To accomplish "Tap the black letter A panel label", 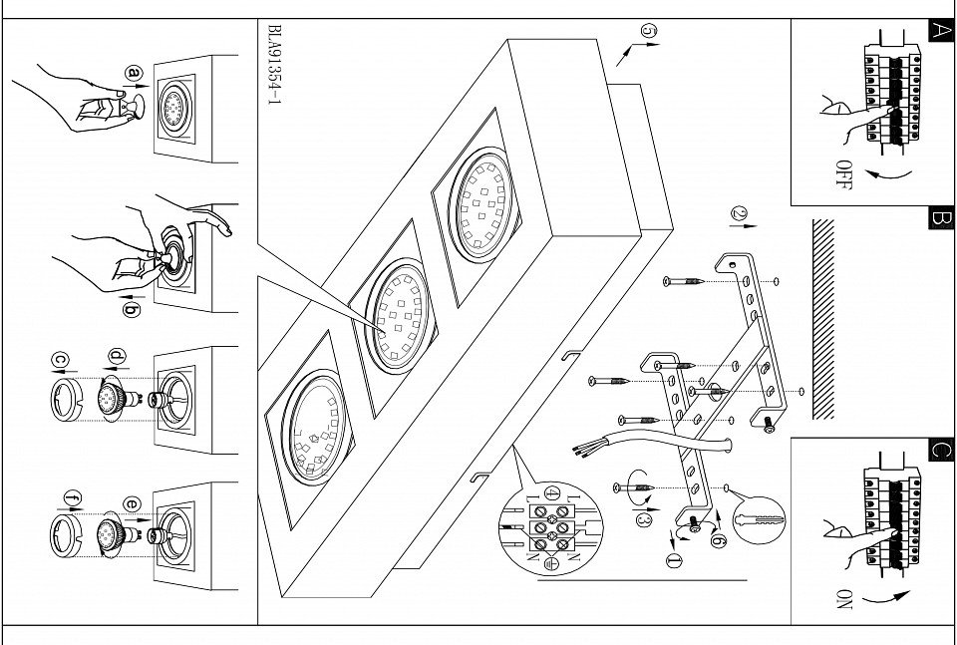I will pyautogui.click(x=940, y=30).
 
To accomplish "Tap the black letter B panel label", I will pyautogui.click(x=940, y=218).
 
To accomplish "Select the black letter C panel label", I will pyautogui.click(x=940, y=449).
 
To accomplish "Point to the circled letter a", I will pyautogui.click(x=135, y=72).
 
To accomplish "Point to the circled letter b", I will pyautogui.click(x=131, y=308).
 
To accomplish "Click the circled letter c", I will pyautogui.click(x=60, y=359).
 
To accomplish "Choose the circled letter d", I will pyautogui.click(x=117, y=356).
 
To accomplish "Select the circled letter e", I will pyautogui.click(x=132, y=503).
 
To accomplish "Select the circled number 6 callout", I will pyautogui.click(x=717, y=539).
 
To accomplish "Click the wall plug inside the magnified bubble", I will pyautogui.click(x=759, y=519).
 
